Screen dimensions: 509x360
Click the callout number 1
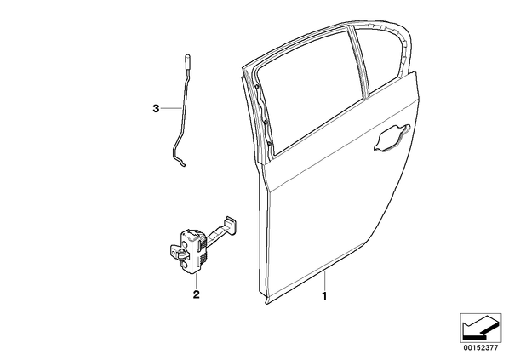point(324,296)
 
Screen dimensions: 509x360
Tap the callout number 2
point(196,294)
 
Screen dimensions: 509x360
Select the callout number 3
point(156,108)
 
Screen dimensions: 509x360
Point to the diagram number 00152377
point(480,348)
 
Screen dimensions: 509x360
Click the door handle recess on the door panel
point(392,137)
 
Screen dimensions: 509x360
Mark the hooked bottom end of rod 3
point(182,163)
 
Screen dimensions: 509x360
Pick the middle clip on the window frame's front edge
point(266,123)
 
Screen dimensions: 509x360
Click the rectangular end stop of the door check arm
point(229,224)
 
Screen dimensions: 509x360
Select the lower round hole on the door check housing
point(185,266)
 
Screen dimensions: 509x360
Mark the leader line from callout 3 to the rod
point(171,108)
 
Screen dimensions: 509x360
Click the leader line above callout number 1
point(324,281)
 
